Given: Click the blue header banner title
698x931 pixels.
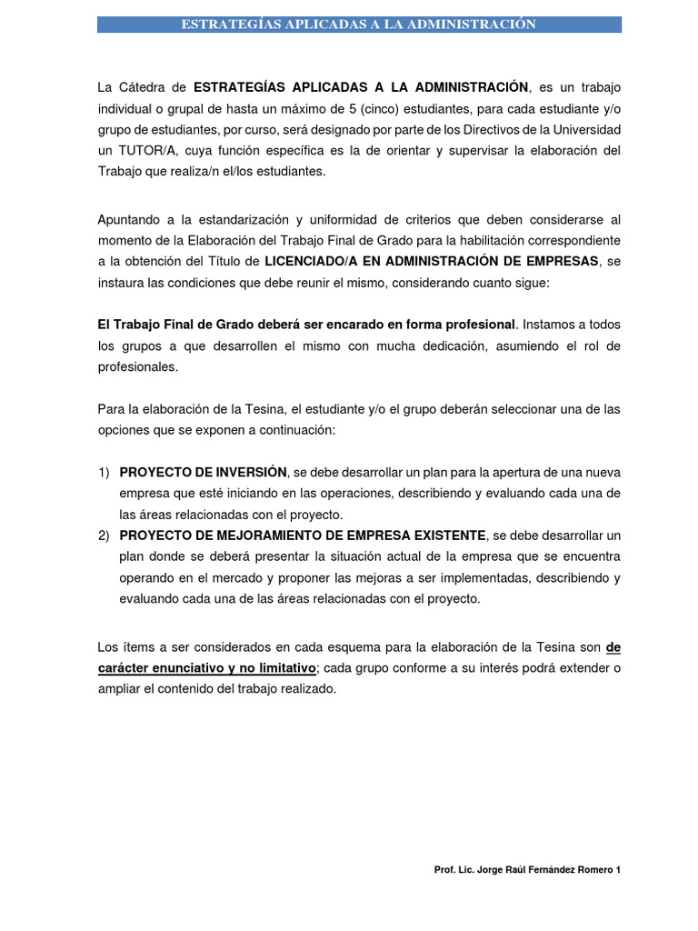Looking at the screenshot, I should click(x=359, y=25).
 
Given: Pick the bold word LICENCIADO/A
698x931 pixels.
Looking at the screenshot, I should click(x=305, y=262).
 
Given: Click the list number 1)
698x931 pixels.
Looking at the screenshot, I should click(x=104, y=472).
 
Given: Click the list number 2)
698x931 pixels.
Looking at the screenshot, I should click(x=104, y=535).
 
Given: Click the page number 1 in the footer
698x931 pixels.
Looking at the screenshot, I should click(x=618, y=870).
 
